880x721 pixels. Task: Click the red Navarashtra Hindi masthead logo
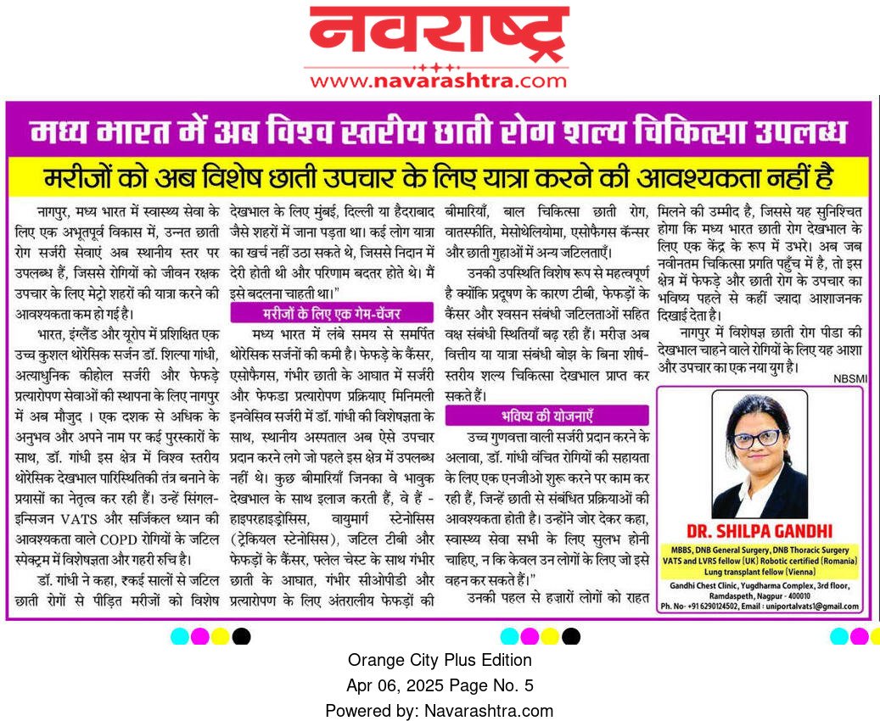pos(439,34)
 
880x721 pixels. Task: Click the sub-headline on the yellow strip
pos(439,179)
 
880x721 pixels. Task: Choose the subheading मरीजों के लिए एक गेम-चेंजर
pos(332,313)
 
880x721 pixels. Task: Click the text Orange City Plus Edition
pos(440,660)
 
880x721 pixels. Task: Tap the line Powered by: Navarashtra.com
pos(440,711)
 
